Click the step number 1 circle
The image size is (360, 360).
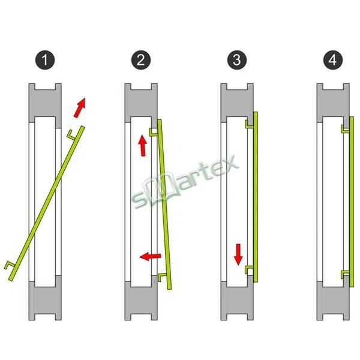pos(45,60)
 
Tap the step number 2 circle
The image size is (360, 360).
pos(141,60)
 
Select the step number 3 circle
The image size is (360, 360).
pos(237,60)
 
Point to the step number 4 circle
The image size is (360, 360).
pos(333,60)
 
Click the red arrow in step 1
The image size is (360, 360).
pos(80,107)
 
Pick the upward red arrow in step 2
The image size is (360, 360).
pos(143,146)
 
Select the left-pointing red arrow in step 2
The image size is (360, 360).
pos(151,256)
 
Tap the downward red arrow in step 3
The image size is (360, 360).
pos(238,254)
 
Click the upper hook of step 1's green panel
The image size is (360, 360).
pos(71,134)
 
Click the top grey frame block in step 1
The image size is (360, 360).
pos(45,103)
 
